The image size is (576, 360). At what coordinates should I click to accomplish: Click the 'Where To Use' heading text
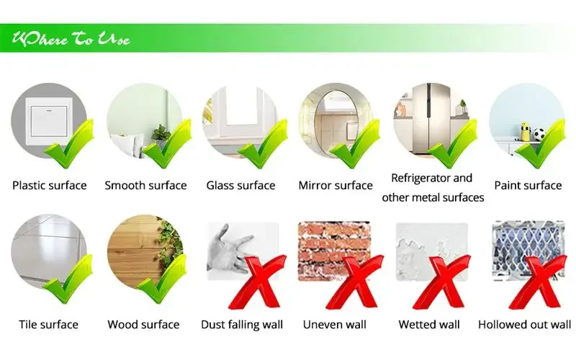[x=71, y=39]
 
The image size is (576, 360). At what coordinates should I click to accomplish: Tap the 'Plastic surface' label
[x=50, y=185]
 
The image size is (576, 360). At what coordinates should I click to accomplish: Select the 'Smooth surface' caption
[x=145, y=185]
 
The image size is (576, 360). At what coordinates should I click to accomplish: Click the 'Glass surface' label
[x=240, y=185]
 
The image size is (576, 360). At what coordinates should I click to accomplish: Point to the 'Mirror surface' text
[x=336, y=185]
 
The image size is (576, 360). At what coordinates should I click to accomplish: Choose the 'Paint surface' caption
[x=528, y=185]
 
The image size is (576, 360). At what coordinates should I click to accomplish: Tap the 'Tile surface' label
[x=48, y=325]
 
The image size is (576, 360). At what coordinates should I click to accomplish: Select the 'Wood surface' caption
[x=143, y=325]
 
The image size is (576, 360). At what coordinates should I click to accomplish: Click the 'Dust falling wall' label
[x=242, y=325]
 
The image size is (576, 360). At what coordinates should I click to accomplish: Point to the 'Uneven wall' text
[x=335, y=325]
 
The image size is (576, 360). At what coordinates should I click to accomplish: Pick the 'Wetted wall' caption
[x=429, y=325]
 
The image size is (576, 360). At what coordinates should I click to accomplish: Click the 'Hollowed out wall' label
[x=524, y=325]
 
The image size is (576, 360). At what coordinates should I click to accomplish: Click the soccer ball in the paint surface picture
[x=539, y=134]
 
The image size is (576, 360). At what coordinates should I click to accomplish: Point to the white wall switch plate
[x=49, y=121]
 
